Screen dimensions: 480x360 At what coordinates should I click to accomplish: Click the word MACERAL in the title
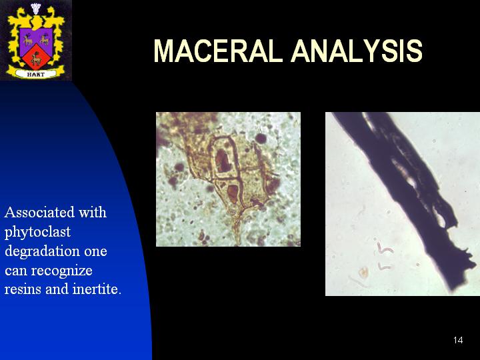pos(218,51)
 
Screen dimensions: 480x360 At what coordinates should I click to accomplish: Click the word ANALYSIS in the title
pos(357,51)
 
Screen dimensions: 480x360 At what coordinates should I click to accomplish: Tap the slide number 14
pos(458,340)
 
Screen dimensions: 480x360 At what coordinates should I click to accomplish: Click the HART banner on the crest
pos(36,74)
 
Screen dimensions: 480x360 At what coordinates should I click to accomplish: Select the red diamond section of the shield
pos(36,57)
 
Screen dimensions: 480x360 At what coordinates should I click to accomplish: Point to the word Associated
pos(39,213)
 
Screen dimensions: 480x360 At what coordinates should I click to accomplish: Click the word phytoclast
pos(37,233)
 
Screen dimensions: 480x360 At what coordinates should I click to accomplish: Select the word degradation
pos(42,251)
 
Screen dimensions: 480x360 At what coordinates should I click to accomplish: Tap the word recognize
pos(62,271)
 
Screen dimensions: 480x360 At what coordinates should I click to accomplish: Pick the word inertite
pos(97,289)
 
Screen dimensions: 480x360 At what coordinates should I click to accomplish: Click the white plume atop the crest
pos(36,9)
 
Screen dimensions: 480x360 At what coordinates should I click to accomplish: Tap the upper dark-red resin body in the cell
pos(223,161)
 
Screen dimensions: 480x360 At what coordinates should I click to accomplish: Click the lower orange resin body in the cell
pos(233,193)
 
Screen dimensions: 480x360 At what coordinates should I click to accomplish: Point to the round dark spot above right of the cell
pos(261,139)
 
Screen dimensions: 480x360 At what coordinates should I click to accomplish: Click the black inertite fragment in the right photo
pos(407,196)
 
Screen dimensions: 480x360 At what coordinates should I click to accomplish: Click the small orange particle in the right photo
pos(363,272)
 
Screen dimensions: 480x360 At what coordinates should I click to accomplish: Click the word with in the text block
pos(93,213)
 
